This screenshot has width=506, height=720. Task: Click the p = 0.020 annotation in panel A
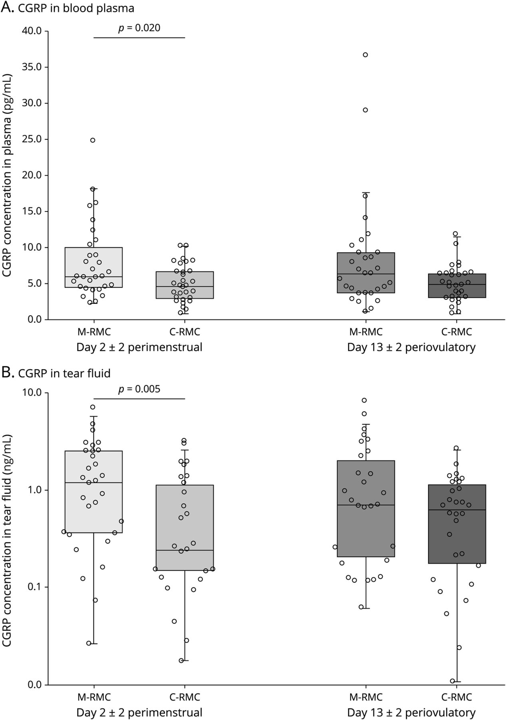tap(139, 28)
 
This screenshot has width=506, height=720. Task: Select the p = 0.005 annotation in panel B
tap(139, 389)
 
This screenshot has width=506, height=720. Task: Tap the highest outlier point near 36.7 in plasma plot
tap(365, 55)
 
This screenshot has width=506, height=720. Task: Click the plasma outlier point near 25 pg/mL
tap(93, 140)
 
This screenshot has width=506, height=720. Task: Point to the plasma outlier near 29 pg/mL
tap(365, 110)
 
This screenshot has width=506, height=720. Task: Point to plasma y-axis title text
tap(7, 176)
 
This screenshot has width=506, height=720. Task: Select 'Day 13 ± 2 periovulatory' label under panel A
tap(411, 347)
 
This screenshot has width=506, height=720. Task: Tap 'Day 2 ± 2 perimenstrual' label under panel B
tap(139, 712)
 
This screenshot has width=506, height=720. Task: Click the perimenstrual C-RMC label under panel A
tap(185, 332)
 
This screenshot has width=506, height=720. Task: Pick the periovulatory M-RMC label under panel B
tap(365, 697)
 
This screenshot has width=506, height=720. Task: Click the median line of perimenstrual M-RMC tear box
tap(94, 483)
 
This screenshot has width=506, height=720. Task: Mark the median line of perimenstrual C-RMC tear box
tap(185, 550)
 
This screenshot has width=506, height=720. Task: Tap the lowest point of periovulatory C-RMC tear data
tap(453, 681)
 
